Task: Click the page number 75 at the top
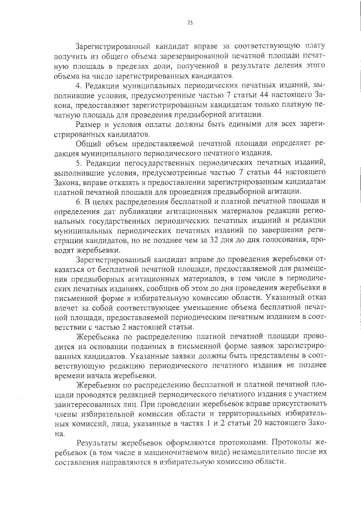click(190, 23)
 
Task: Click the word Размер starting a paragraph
click(88, 124)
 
